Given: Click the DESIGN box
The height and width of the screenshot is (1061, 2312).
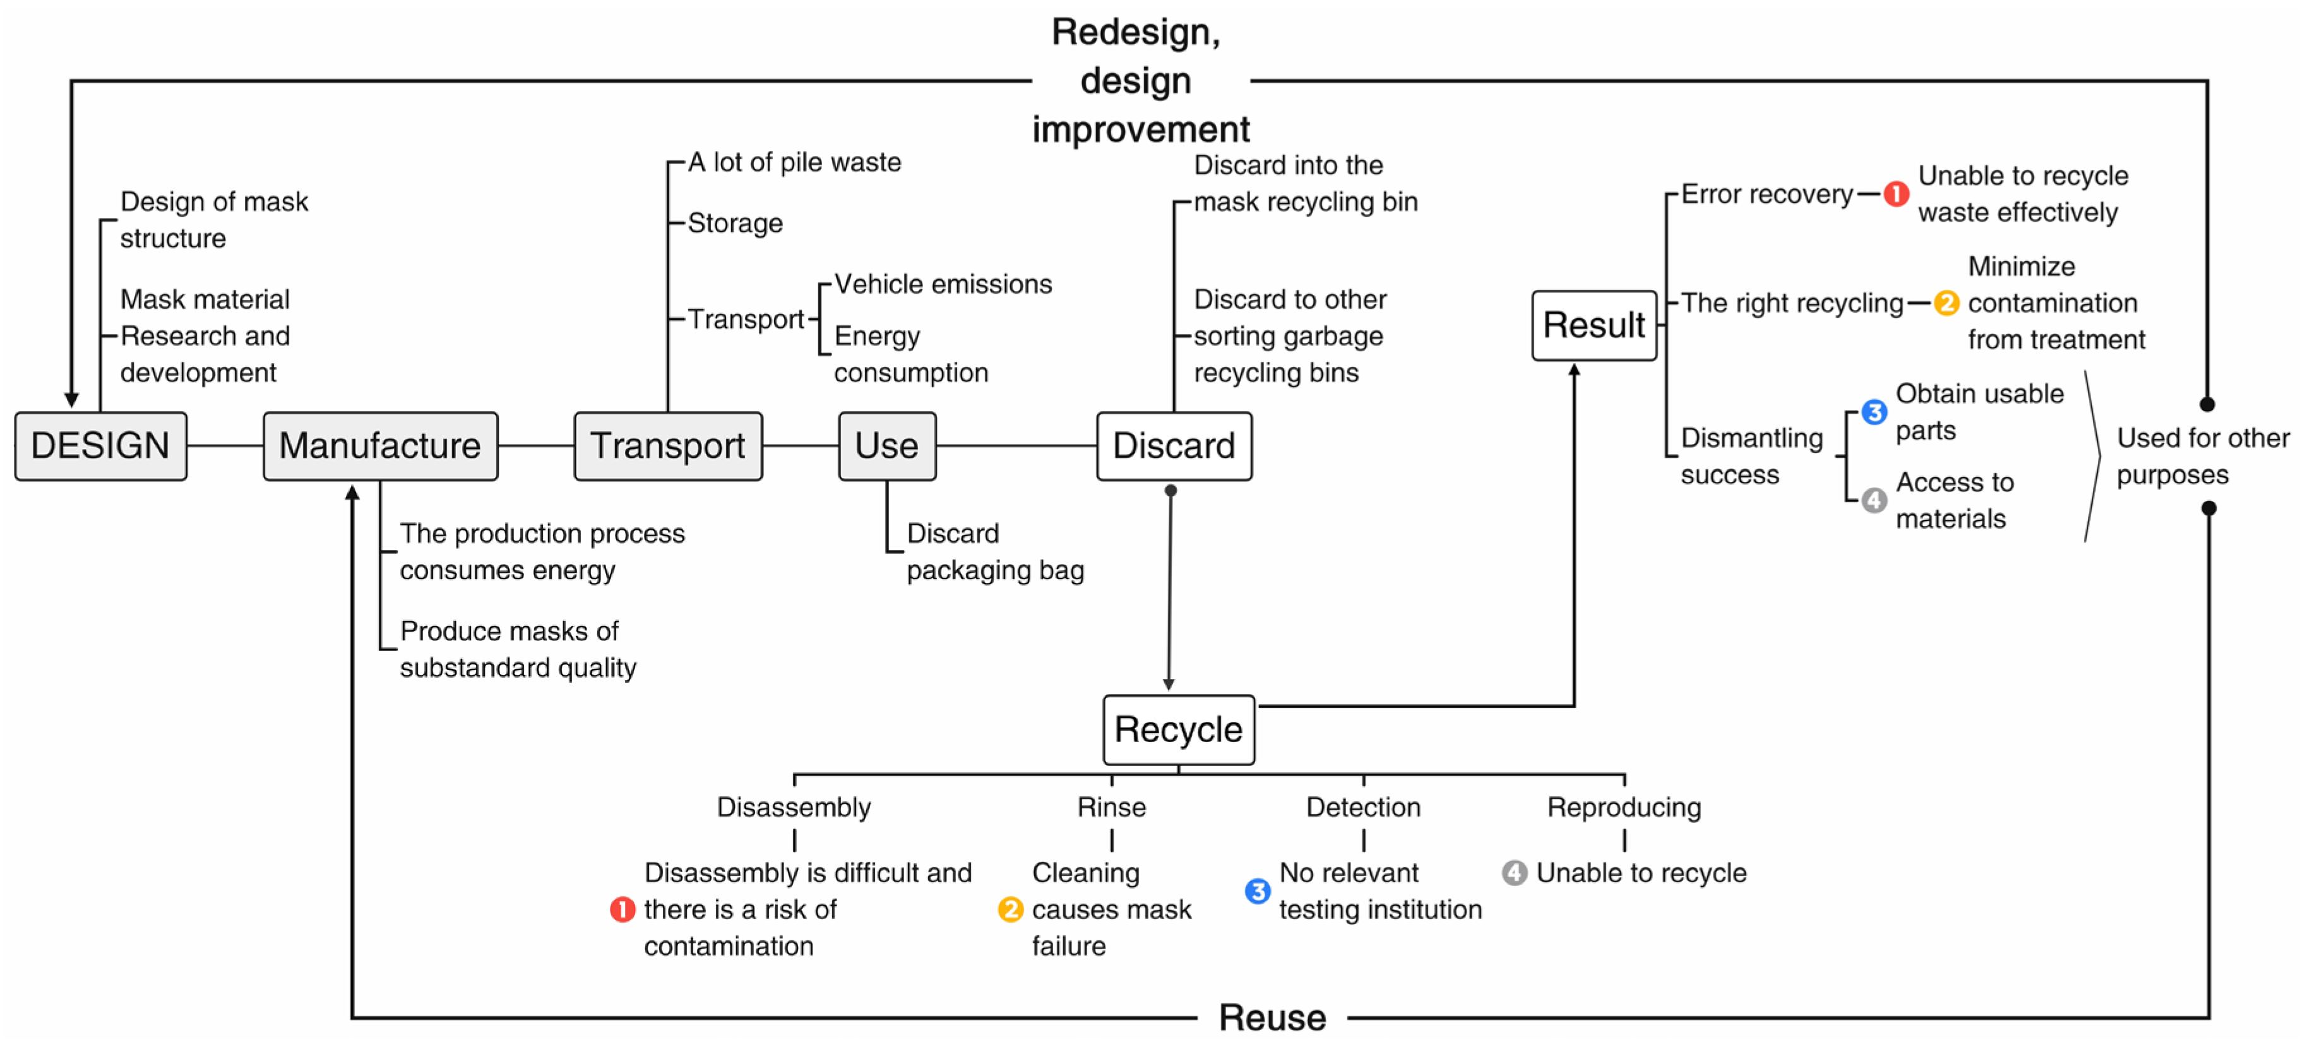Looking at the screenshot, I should click(x=100, y=446).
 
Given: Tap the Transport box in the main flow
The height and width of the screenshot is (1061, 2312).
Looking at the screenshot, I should click(x=668, y=446).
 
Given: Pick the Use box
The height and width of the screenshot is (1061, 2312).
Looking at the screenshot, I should click(x=887, y=446).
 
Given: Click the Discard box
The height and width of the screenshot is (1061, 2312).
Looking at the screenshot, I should click(x=1174, y=446).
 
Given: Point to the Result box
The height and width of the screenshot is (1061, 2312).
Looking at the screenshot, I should click(x=1594, y=325).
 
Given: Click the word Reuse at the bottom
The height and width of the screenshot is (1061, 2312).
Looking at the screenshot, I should click(x=1272, y=1018).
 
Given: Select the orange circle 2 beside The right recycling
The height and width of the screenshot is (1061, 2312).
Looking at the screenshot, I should click(x=1946, y=303).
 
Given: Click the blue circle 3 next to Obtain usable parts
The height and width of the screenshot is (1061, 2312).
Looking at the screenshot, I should click(x=1874, y=412).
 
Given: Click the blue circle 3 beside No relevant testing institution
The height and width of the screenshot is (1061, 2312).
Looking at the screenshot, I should click(x=1258, y=891).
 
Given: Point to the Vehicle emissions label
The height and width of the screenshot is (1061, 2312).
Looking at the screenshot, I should click(x=943, y=285).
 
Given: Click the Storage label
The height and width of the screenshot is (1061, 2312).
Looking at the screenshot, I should click(x=735, y=224).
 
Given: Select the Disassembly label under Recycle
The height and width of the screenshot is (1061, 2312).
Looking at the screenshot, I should click(x=794, y=807).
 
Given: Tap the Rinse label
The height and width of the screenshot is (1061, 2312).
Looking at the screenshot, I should click(x=1111, y=807).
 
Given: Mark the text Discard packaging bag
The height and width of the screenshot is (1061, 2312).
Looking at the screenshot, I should click(x=994, y=552).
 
